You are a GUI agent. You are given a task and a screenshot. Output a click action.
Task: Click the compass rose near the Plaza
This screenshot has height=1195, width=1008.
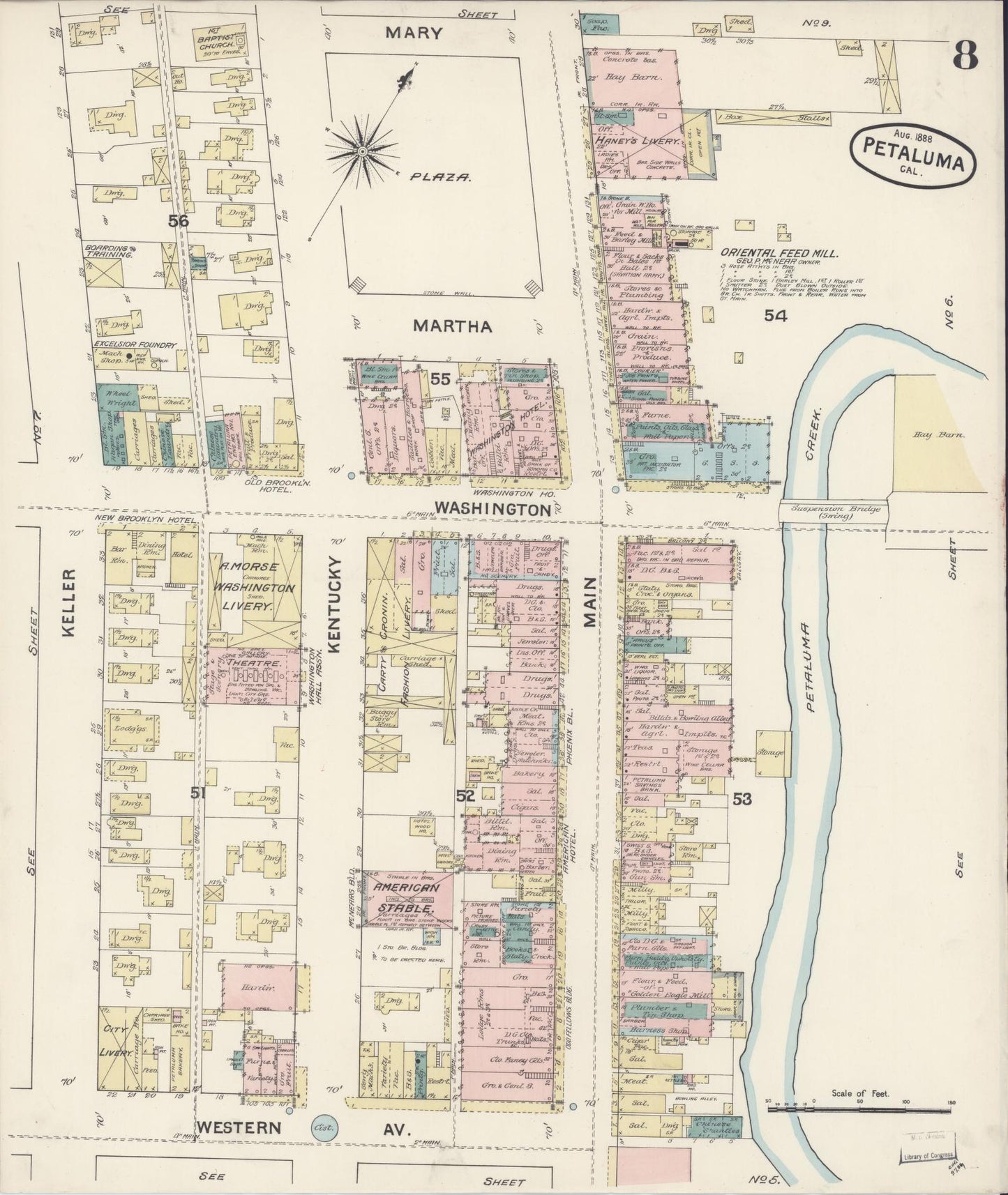(x=362, y=151)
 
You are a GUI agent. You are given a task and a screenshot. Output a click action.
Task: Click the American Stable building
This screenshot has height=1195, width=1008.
(x=408, y=899)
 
